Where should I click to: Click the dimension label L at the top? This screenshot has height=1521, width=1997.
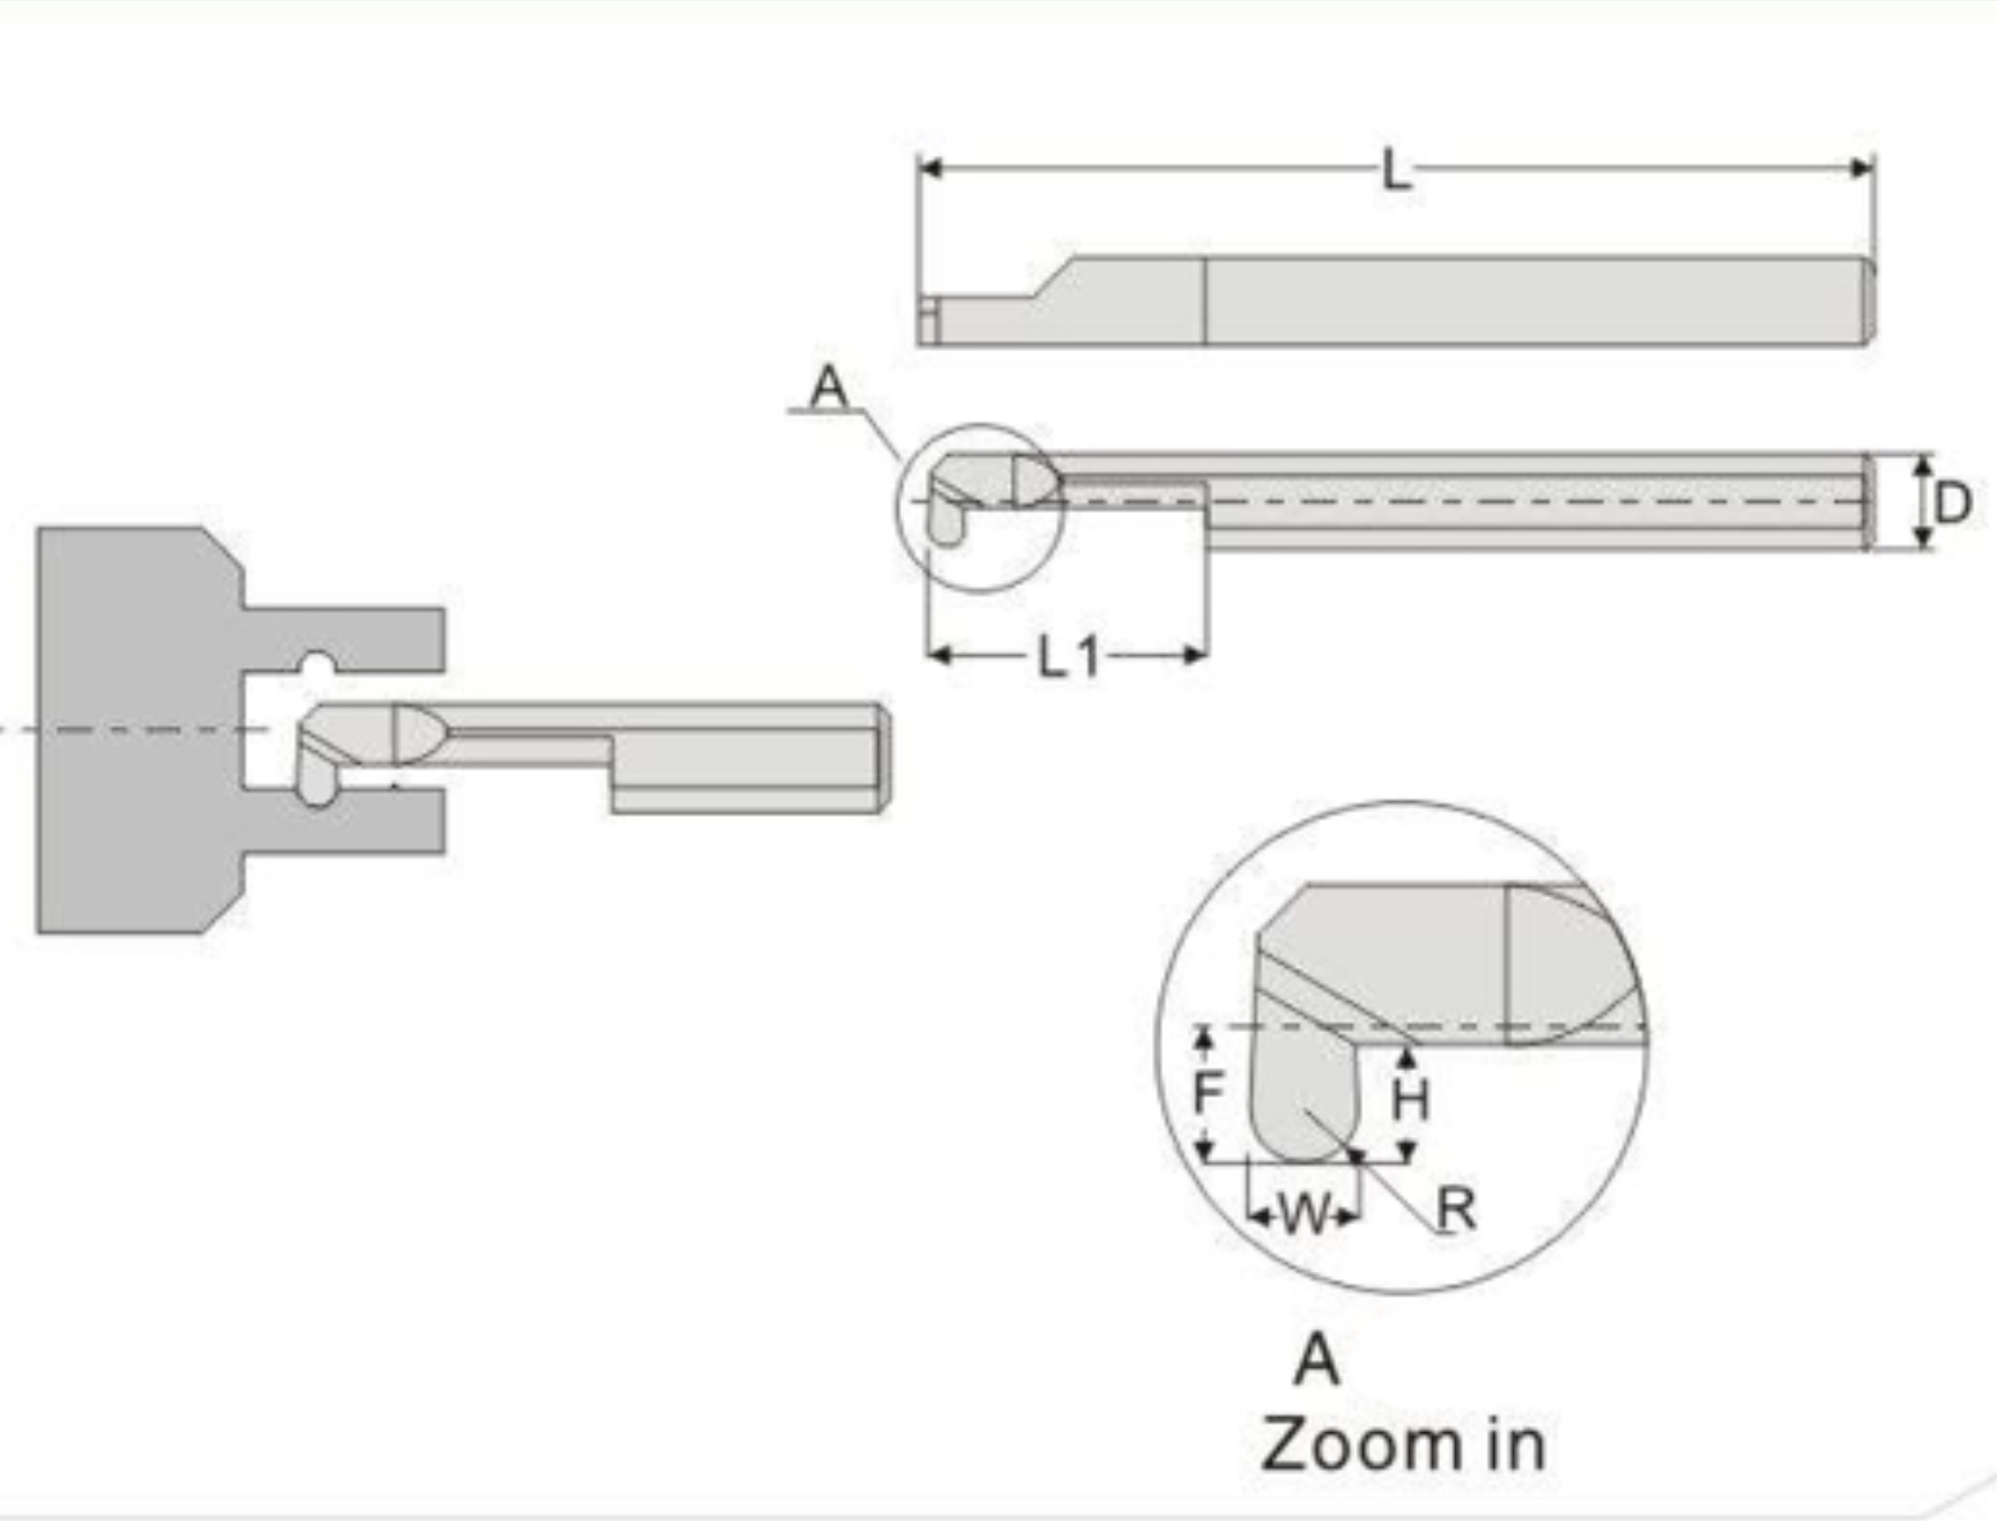tap(1396, 170)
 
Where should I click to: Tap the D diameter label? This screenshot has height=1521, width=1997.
tap(1952, 503)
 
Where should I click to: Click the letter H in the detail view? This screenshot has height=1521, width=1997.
tap(1410, 1101)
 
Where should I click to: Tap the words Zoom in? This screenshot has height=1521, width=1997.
tap(1403, 1445)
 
